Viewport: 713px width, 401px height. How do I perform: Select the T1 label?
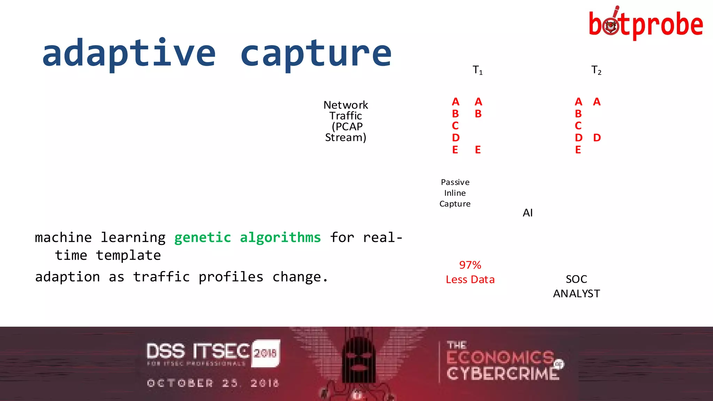click(x=477, y=70)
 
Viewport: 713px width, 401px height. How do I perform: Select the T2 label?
click(x=596, y=70)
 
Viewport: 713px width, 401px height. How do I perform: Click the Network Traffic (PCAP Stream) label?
click(x=345, y=121)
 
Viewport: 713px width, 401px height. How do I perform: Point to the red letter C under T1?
click(x=455, y=126)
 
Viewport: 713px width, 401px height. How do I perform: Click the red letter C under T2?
click(x=578, y=126)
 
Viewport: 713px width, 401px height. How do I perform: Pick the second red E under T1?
click(x=478, y=150)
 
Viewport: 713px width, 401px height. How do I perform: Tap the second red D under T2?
click(x=597, y=138)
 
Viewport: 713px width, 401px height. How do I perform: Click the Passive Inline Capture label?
click(x=455, y=193)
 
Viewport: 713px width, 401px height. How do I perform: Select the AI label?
click(x=527, y=213)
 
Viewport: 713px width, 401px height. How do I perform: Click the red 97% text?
click(x=470, y=265)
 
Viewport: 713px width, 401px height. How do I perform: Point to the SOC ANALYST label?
click(x=576, y=286)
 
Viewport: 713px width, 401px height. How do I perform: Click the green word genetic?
click(x=203, y=238)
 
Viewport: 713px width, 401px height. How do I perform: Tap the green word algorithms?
click(x=280, y=238)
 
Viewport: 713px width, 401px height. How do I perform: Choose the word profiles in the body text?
click(x=231, y=277)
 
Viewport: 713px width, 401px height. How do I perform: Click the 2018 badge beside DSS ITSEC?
click(x=265, y=353)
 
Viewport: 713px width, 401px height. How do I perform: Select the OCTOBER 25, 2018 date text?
click(x=213, y=383)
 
